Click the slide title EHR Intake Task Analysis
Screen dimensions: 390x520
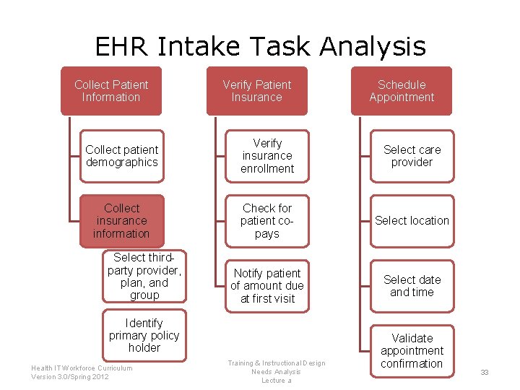coord(260,47)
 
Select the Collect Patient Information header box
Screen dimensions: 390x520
coord(111,91)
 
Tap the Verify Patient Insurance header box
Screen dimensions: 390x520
coord(256,91)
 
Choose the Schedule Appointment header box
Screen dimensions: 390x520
coord(402,91)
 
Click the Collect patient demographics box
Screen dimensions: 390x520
coord(121,156)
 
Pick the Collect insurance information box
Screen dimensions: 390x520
coord(121,221)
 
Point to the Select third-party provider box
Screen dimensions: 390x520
coord(144,276)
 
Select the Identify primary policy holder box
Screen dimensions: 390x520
coord(144,335)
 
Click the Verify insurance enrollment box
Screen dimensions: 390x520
coord(267,156)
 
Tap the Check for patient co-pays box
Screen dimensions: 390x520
coord(267,221)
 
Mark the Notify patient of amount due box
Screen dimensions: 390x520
coord(267,285)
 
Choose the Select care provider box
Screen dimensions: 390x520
coord(412,156)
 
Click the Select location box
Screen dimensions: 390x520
coord(412,221)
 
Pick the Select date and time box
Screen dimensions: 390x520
coord(412,285)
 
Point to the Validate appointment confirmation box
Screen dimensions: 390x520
coord(412,350)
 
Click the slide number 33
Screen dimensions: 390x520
coord(485,373)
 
